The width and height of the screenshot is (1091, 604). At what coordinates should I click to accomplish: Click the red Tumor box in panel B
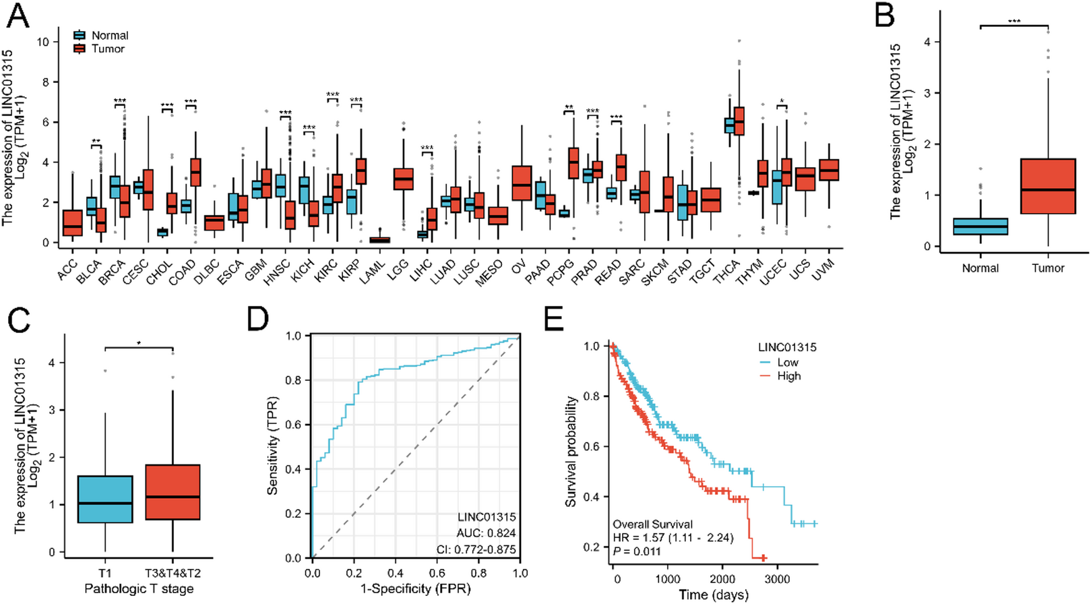[1048, 186]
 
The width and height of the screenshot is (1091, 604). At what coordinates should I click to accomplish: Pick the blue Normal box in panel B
[980, 227]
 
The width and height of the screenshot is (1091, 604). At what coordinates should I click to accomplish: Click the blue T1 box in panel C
[105, 499]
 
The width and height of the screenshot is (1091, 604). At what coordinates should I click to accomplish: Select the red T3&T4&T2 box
[173, 492]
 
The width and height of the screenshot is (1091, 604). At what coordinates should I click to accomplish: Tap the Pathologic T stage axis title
[139, 588]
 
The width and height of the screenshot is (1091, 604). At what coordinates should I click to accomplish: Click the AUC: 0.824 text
[487, 533]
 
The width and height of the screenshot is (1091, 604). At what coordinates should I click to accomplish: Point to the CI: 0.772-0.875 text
[476, 549]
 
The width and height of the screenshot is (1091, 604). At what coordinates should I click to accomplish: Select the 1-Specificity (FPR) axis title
[415, 588]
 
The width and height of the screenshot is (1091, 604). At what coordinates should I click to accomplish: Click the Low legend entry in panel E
[787, 363]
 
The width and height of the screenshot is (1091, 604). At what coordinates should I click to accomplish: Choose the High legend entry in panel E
[788, 376]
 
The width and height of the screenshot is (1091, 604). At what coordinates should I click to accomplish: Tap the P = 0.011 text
[637, 551]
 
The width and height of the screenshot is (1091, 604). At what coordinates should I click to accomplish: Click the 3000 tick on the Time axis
[777, 579]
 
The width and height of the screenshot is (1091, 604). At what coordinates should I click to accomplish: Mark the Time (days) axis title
[713, 595]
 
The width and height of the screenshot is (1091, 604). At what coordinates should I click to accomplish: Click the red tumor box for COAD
[195, 172]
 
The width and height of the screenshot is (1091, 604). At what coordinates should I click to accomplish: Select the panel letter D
[258, 318]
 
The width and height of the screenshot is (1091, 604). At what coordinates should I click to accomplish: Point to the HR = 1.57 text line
[673, 537]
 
